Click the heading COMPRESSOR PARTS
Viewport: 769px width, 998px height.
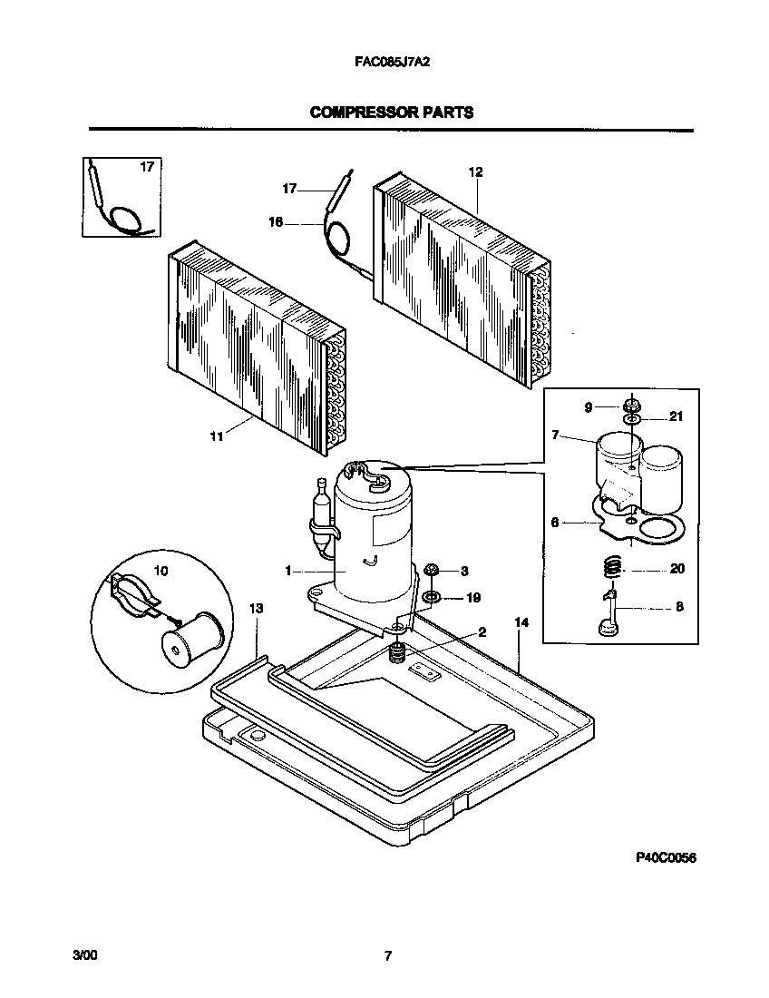pyautogui.click(x=391, y=113)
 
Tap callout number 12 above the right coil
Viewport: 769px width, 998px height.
pyautogui.click(x=475, y=171)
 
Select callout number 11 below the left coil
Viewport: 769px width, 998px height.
pyautogui.click(x=216, y=436)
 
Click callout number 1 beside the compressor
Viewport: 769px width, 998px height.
pyautogui.click(x=287, y=571)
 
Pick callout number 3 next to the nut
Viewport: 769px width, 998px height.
pyautogui.click(x=464, y=571)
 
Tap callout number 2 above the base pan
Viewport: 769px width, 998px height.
pyautogui.click(x=482, y=631)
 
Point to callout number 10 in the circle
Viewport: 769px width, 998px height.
pyautogui.click(x=161, y=572)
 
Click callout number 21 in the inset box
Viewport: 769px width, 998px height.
pyautogui.click(x=675, y=416)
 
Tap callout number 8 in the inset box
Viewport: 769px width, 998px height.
pyautogui.click(x=679, y=608)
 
